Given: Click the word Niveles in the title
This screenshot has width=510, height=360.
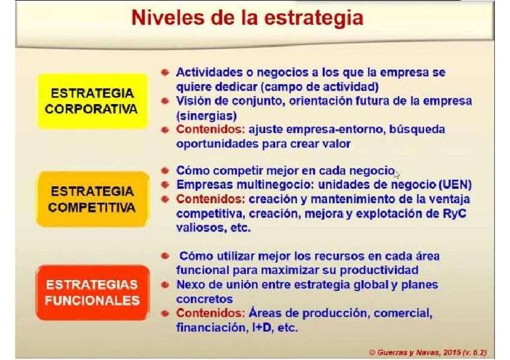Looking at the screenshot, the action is point(168,17).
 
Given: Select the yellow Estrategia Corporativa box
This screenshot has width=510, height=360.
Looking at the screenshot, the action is point(93,101).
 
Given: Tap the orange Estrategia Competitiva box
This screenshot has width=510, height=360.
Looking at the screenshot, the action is point(93,199).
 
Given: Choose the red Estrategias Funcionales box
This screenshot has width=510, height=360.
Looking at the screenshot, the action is point(93,293).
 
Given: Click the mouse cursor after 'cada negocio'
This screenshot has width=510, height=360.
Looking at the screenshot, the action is point(396,174).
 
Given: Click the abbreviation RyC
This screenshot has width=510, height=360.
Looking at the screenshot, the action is point(455,214).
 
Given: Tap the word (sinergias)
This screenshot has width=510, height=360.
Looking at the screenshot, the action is point(206,116).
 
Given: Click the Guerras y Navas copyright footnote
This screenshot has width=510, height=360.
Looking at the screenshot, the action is point(428,353).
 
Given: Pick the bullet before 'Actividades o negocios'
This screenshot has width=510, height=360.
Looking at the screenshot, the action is point(165,72).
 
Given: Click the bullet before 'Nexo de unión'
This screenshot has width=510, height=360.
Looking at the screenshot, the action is point(165,285).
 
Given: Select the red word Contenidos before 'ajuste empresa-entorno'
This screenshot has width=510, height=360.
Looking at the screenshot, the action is point(210,129).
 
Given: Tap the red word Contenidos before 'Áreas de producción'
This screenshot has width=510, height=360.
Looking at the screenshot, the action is point(210,313).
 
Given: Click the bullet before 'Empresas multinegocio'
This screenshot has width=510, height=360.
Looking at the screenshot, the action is point(165,185).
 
